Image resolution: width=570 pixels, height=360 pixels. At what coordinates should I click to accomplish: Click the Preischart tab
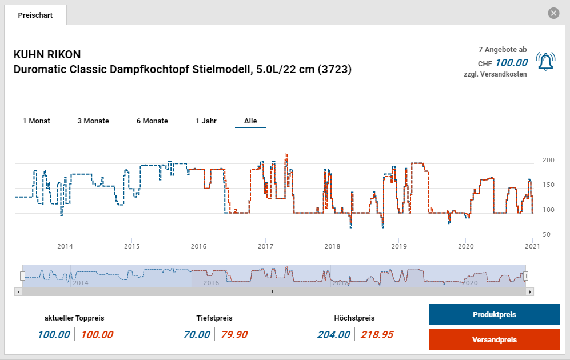click(x=35, y=15)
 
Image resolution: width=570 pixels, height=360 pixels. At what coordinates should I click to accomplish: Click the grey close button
click(x=553, y=13)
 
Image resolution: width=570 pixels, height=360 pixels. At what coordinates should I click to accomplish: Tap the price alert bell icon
click(x=545, y=61)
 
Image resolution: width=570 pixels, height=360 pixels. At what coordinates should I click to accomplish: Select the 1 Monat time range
click(x=37, y=121)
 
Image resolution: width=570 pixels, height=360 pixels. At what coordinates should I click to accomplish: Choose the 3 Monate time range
click(x=93, y=121)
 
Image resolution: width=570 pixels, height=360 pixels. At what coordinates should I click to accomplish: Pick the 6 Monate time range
click(x=152, y=121)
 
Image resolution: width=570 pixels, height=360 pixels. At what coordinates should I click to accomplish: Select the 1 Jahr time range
click(x=206, y=121)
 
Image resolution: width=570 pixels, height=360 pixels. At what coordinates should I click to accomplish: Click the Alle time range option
click(x=250, y=121)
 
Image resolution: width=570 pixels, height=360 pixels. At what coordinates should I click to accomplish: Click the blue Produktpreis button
click(x=495, y=315)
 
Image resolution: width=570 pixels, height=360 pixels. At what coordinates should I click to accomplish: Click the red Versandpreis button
click(x=495, y=339)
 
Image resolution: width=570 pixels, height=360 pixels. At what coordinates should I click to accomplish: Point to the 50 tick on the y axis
click(x=547, y=234)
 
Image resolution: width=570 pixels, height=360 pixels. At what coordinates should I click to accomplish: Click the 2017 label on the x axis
click(x=265, y=246)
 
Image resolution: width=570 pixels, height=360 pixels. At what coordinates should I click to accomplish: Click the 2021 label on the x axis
click(x=532, y=246)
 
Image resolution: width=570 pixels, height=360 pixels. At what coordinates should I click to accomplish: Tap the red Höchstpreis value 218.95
click(x=377, y=335)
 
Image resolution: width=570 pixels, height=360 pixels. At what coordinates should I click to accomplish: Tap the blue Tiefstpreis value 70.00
click(x=197, y=335)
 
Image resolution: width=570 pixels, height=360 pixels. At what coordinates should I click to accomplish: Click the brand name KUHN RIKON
click(x=47, y=55)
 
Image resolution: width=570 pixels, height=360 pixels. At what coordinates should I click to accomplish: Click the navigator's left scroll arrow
click(x=19, y=291)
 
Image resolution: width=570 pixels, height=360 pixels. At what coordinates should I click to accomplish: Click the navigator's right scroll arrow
click(x=531, y=291)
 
